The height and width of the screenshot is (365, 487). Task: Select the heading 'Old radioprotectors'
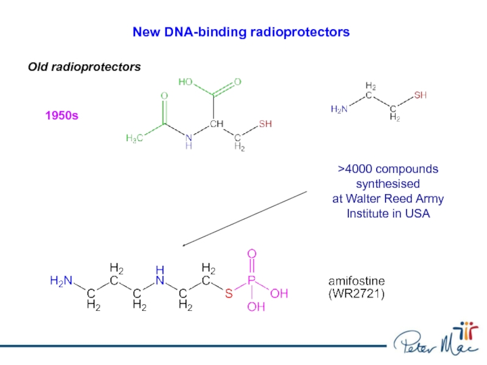coord(84,66)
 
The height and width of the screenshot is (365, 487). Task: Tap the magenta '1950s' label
coord(61,115)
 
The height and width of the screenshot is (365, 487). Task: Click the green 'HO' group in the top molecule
coord(186,82)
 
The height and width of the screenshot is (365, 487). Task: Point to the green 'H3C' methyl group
coord(135,138)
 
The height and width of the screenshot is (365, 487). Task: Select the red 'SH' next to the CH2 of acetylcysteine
coord(265,124)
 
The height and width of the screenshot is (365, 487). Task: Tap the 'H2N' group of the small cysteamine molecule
coord(339,109)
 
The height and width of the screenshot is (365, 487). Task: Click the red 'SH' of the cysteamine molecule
coord(420,96)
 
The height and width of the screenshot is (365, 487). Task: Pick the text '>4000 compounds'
coord(388,169)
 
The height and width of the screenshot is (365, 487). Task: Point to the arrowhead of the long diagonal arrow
coord(184,246)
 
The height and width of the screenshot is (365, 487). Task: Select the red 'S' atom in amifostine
coord(228,294)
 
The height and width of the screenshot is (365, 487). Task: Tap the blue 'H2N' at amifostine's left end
coord(61,281)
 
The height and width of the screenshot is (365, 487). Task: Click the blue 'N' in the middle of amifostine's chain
coord(159,280)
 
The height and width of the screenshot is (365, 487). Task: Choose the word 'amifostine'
coord(357,281)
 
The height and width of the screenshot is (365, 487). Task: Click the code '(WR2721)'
coord(357,294)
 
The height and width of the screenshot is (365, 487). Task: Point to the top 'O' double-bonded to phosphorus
coord(251,253)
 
